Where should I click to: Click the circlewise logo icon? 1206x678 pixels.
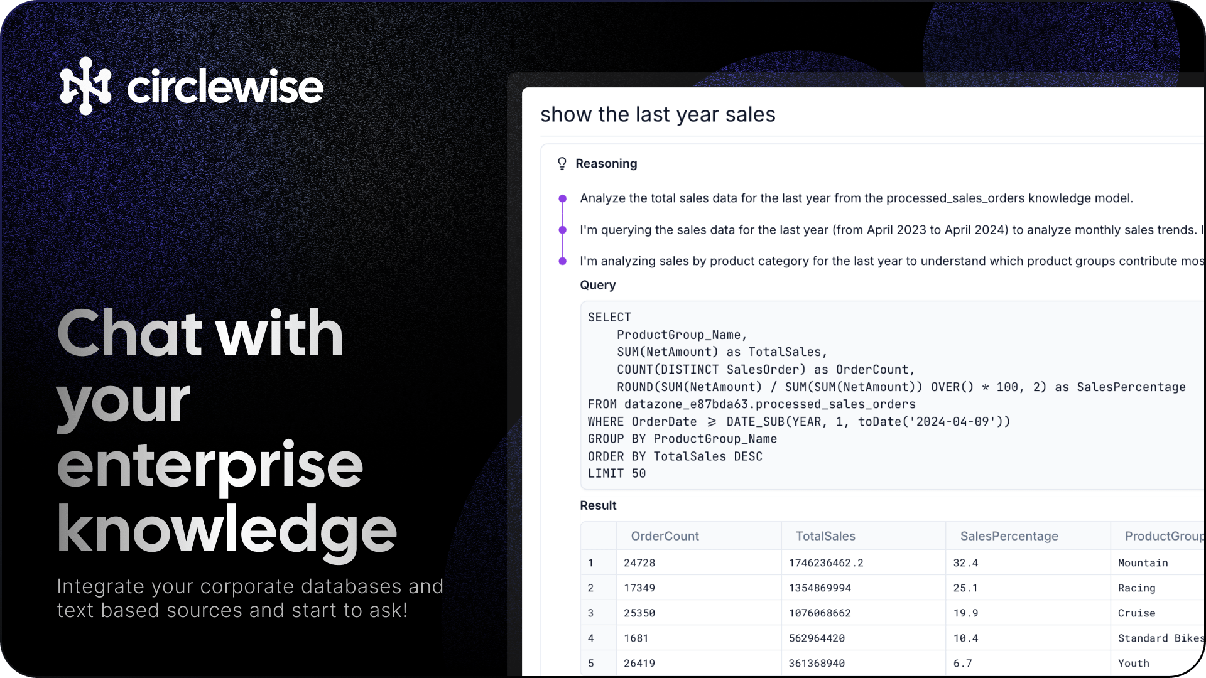tap(85, 86)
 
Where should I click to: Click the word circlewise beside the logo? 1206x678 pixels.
tap(225, 87)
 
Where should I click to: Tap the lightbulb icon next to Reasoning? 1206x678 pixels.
tap(562, 164)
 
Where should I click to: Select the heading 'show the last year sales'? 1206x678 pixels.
tap(658, 115)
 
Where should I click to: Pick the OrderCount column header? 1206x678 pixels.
tap(665, 536)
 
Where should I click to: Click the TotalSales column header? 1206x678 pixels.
tap(825, 536)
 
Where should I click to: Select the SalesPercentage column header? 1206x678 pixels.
tap(1009, 536)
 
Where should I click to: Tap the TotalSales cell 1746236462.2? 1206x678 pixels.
tap(826, 563)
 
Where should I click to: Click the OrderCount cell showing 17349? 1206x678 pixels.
tap(639, 588)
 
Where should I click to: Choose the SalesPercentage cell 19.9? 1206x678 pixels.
tap(965, 613)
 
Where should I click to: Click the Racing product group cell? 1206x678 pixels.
tap(1136, 588)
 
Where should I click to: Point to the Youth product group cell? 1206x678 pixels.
tap(1133, 664)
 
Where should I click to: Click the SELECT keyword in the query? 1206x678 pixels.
tap(609, 318)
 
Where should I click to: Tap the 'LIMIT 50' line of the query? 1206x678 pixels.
tap(617, 474)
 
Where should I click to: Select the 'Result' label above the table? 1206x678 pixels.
tap(598, 506)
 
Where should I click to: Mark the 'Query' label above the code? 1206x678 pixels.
tap(597, 285)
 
